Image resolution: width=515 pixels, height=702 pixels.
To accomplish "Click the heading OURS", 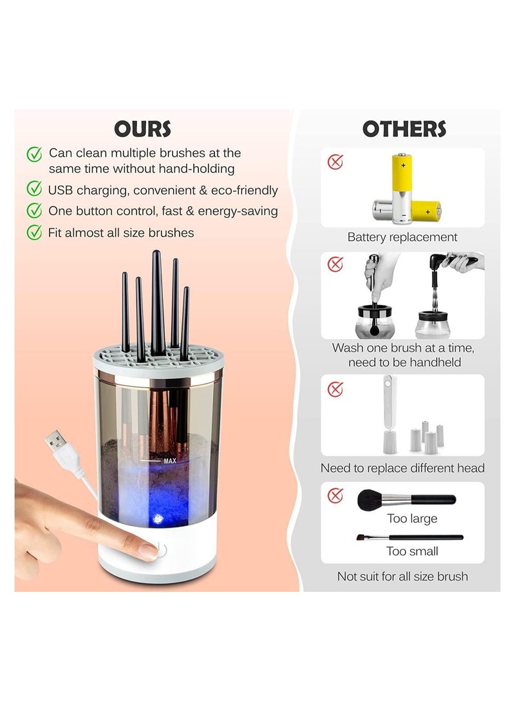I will click(142, 128).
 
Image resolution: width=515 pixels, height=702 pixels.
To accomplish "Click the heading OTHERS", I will click(404, 128).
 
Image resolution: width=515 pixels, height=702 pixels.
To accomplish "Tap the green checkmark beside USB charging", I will click(33, 189).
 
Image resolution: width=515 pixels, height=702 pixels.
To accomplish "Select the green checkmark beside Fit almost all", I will click(33, 232).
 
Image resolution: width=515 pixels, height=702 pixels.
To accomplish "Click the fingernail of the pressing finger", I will click(149, 551).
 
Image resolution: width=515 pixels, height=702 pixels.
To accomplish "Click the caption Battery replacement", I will click(402, 237).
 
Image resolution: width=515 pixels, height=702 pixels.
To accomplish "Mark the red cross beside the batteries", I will click(335, 162).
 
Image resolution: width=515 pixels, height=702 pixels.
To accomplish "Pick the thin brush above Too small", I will click(409, 537).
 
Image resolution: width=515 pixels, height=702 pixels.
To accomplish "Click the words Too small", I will click(412, 551).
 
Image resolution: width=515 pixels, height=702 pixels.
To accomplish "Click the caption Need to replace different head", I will click(402, 468).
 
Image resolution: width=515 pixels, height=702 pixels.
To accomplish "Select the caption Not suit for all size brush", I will click(402, 577).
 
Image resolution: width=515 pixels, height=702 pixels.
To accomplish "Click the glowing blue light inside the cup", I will click(156, 519).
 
